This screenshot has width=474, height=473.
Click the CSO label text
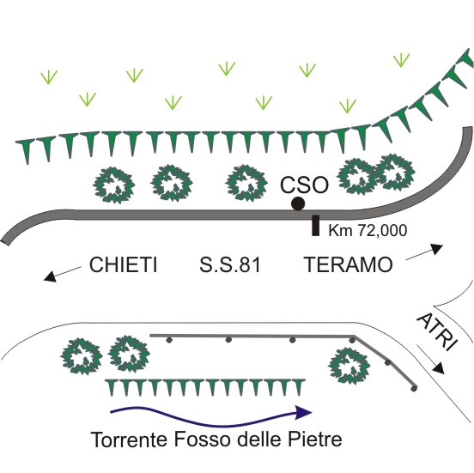[x=304, y=185]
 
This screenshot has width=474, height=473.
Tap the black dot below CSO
[x=298, y=203]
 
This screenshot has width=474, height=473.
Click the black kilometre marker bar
[x=315, y=225]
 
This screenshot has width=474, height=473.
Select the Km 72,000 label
[x=368, y=230]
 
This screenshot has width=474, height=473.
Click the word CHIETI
[x=123, y=264]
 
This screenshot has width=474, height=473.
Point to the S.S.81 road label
[x=230, y=264]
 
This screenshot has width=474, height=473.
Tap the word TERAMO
[x=348, y=264]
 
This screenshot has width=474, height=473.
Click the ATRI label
[x=437, y=331]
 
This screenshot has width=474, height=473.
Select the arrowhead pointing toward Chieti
[x=50, y=276]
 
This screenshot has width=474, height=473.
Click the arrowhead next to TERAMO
[x=437, y=249]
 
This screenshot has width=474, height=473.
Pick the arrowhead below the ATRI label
[x=438, y=367]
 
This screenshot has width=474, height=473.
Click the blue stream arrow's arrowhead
[x=303, y=412]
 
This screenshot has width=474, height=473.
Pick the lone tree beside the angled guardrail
[x=349, y=366]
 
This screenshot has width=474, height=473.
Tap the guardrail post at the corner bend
[x=352, y=340]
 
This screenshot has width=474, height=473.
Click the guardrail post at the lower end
[x=415, y=388]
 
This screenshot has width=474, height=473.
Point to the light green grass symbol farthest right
[x=402, y=60]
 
